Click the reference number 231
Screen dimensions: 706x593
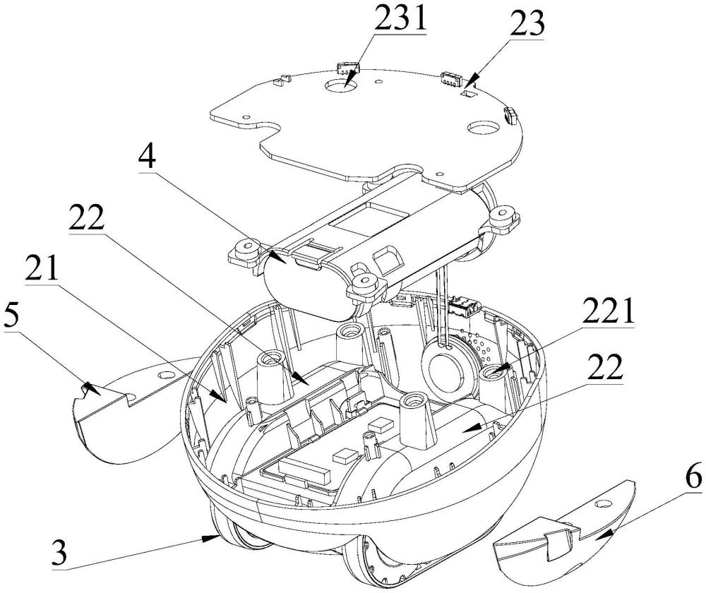[400, 16]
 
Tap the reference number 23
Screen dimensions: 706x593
[527, 23]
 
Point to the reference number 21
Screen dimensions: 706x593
[42, 268]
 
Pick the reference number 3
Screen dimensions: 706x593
[59, 553]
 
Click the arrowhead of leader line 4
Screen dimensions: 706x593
[277, 258]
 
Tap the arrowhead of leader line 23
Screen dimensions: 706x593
[467, 83]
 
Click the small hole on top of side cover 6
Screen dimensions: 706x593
[603, 503]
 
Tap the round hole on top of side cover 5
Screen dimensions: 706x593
[164, 375]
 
